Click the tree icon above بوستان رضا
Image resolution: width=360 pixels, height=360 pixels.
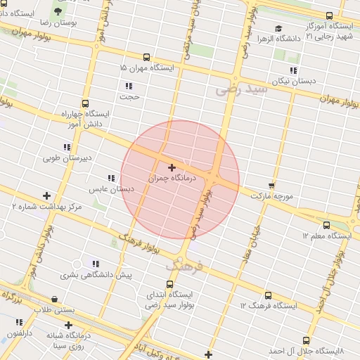pyautogui.click(x=58, y=11)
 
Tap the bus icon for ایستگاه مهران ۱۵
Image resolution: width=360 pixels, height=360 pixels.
pyautogui.click(x=146, y=57)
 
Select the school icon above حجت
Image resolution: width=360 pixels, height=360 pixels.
pyautogui.click(x=129, y=86)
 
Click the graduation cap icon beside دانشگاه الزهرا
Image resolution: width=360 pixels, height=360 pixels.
pyautogui.click(x=279, y=30)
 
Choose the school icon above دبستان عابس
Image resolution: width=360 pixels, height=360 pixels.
pyautogui.click(x=110, y=179)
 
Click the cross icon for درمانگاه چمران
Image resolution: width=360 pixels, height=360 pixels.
pyautogui.click(x=172, y=167)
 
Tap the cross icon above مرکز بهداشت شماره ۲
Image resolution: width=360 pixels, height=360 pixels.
pyautogui.click(x=47, y=195)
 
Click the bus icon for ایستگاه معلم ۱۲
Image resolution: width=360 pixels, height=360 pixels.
pyautogui.click(x=326, y=225)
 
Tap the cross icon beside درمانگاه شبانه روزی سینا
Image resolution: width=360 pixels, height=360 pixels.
pyautogui.click(x=68, y=325)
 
